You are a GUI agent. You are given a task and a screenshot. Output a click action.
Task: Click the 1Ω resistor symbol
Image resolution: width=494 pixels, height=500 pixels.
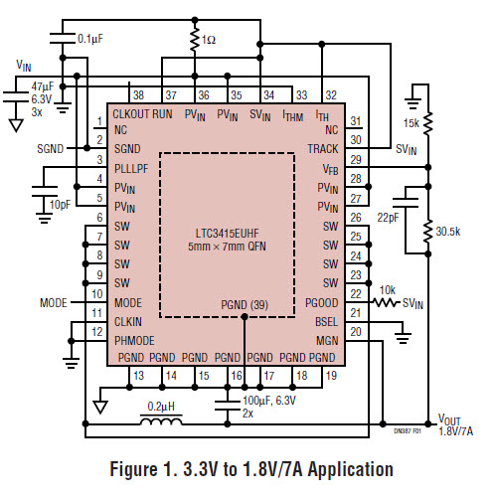coord(195,40)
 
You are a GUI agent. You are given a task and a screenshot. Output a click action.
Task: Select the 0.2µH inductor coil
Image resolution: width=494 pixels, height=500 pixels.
coord(161,421)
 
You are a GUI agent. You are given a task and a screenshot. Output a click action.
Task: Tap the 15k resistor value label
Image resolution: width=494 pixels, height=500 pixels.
coord(412,123)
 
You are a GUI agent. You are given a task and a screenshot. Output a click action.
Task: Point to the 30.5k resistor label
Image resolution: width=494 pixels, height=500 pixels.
coord(448,232)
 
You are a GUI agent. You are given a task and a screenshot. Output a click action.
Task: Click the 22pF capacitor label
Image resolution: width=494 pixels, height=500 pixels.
coord(388,218)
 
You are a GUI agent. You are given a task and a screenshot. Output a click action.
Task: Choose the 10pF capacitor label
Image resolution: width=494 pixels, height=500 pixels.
coord(60,205)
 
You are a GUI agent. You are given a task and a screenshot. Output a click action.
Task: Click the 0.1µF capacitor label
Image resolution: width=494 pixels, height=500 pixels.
coord(90,39)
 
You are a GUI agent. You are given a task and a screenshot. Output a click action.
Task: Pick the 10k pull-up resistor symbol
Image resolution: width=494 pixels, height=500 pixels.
coord(385,302)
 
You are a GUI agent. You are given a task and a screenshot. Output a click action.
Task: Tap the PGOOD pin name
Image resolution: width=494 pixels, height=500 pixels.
coord(321,303)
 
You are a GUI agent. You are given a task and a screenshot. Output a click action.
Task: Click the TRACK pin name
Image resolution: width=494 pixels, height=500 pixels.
coord(323,149)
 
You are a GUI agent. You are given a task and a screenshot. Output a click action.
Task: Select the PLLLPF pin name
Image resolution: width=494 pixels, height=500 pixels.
coord(131,169)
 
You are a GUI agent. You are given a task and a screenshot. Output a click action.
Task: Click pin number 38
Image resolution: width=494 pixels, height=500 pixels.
coord(138,95)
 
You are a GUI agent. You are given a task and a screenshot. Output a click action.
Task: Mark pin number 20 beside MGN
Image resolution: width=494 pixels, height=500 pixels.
coord(356,332)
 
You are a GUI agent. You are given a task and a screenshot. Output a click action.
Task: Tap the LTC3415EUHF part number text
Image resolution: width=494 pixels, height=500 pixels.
coord(227,234)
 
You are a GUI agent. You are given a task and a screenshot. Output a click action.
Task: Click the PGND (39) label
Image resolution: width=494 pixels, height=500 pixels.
coord(245,305)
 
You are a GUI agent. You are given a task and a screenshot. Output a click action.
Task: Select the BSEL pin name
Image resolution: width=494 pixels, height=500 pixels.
coord(326,322)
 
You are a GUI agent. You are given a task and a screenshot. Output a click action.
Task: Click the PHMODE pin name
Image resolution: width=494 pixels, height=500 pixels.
coord(134,341)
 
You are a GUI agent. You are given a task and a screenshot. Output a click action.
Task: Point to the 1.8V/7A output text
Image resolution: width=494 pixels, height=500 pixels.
coord(456,431)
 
